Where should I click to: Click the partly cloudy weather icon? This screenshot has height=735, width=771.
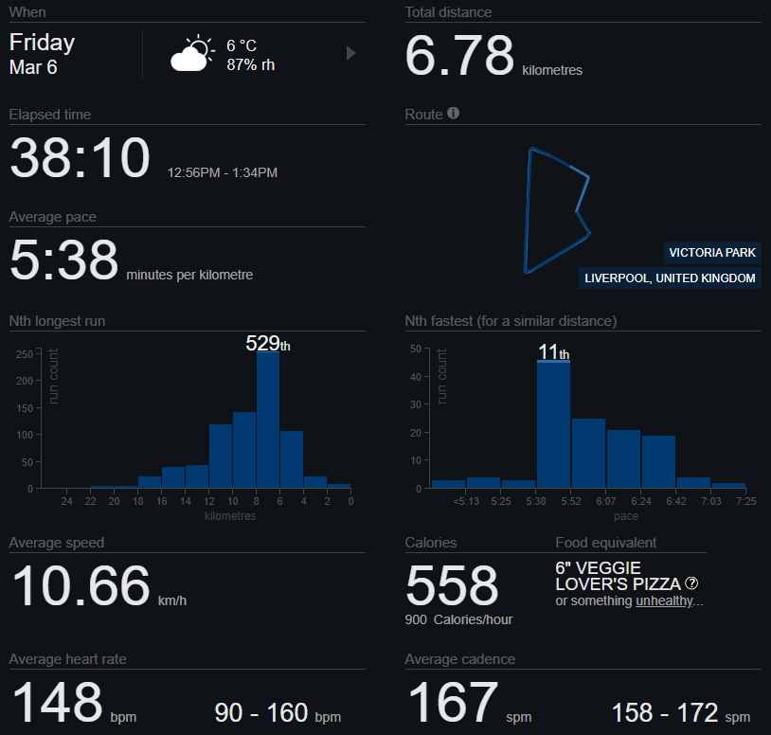pos(192,55)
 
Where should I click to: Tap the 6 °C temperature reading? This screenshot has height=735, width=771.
pos(242,45)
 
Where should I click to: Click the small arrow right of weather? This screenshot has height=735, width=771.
pos(351,53)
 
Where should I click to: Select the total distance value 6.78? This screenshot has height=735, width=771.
pos(459,56)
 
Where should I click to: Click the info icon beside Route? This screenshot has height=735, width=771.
pos(454,114)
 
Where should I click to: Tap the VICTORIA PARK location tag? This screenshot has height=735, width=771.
pos(712,253)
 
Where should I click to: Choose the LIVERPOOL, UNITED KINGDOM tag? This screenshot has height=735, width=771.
pos(671,278)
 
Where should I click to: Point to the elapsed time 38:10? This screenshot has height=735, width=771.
pos(80,158)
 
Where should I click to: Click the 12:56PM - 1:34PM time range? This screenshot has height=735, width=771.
pos(223,173)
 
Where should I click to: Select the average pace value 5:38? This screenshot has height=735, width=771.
pos(63,260)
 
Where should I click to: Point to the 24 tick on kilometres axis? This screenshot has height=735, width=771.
pos(67,501)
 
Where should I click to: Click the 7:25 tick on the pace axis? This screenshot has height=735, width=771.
pos(745,501)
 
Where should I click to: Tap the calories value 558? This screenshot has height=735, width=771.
pos(452,586)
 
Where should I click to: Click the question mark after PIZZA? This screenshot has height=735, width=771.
pos(692,583)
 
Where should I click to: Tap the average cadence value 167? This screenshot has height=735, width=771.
pos(452,702)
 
